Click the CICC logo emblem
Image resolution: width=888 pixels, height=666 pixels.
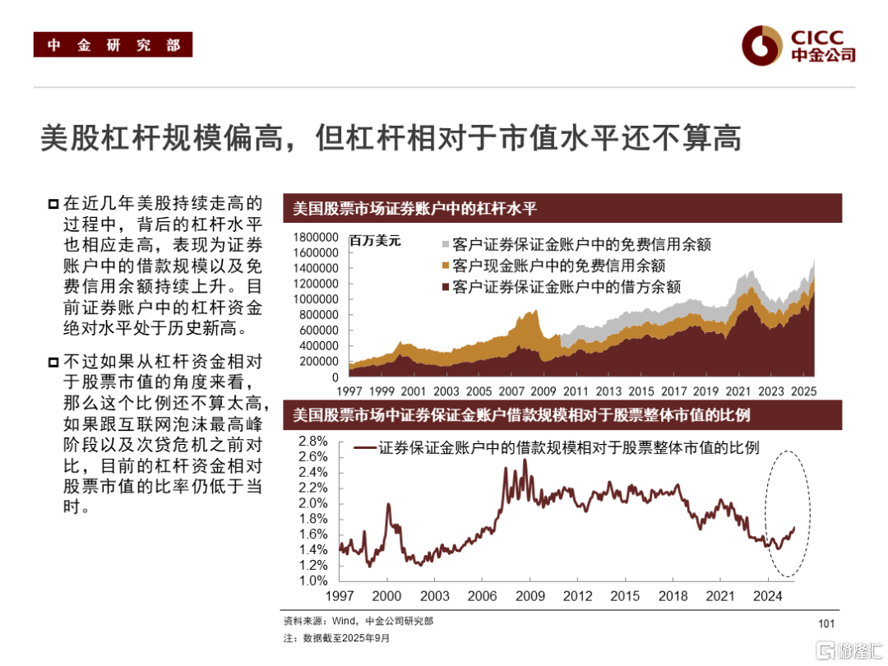tap(761, 45)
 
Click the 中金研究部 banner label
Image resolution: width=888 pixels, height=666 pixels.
tap(113, 45)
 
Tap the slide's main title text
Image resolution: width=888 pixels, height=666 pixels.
tap(391, 138)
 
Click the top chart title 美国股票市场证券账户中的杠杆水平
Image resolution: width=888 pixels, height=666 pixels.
tap(415, 208)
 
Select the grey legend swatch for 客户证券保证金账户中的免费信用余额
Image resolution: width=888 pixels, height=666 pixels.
tap(446, 244)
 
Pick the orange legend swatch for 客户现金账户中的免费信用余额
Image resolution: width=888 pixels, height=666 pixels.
tap(446, 266)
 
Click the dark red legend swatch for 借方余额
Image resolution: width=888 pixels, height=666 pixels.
tap(446, 287)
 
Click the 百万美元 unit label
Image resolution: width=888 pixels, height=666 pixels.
tap(375, 242)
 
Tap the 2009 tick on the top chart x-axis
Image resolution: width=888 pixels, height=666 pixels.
tap(543, 392)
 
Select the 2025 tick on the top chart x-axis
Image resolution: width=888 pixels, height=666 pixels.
tap(802, 392)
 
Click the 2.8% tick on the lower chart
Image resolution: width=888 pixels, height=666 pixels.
tap(313, 440)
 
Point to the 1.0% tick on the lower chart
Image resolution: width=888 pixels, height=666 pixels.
tap(313, 580)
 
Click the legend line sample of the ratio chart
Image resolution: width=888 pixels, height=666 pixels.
tap(364, 449)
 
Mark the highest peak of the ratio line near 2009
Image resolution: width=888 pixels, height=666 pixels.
tap(525, 460)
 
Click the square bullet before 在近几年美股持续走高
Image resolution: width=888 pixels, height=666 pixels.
tap(53, 204)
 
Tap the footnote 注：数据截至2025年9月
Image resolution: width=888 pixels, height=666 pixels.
tap(336, 638)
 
